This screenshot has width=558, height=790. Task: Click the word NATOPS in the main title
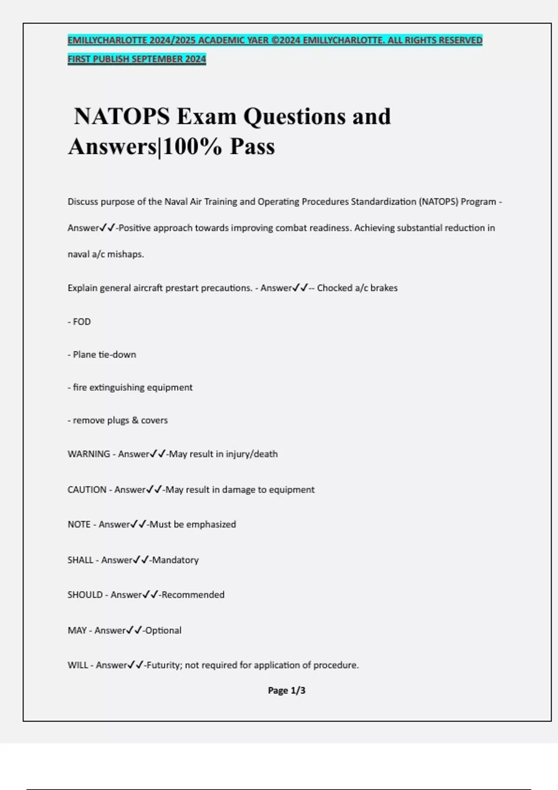coord(122,116)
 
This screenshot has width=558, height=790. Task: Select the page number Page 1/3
coord(286,691)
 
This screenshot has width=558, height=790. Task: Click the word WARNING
coord(89,454)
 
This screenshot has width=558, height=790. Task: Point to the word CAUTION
coord(87,490)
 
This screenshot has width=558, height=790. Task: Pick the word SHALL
coord(80,560)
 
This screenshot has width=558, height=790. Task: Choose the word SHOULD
coord(85,595)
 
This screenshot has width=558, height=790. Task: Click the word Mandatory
coord(175,560)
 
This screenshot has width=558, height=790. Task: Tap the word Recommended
coord(193,595)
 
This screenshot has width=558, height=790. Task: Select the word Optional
coord(163,631)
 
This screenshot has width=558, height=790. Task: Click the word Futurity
coord(163,665)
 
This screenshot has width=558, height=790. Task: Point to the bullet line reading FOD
coord(82,322)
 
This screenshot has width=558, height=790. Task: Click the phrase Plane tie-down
coord(104,355)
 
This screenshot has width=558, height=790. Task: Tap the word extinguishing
coord(117,388)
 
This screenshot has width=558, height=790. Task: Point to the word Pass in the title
coord(252,146)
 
